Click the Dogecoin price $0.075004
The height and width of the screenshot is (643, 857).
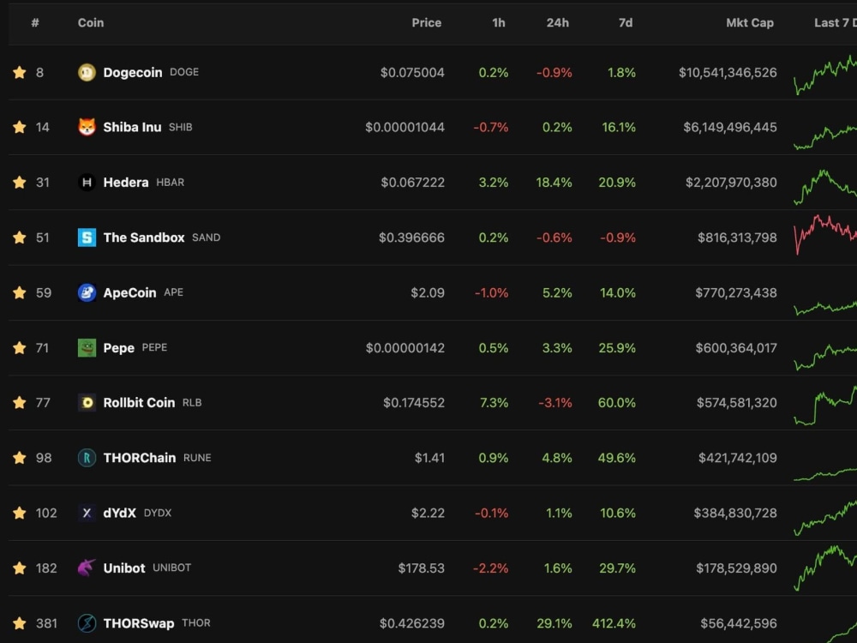[412, 73]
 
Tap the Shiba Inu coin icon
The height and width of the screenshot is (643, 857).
[87, 127]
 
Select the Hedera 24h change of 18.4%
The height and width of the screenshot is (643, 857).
[554, 183]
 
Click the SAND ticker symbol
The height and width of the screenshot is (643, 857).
[206, 237]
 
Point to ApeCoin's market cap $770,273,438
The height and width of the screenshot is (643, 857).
[736, 292]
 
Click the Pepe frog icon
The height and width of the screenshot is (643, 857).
[87, 347]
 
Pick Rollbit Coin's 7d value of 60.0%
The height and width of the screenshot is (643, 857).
[617, 403]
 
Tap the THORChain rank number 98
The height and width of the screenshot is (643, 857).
[44, 458]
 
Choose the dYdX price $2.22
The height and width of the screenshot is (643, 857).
[428, 513]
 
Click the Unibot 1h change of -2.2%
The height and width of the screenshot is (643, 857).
[491, 568]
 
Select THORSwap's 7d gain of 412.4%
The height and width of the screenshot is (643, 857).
[614, 623]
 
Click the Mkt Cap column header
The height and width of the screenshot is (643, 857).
[750, 23]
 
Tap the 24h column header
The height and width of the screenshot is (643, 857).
[558, 23]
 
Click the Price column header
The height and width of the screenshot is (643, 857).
[426, 23]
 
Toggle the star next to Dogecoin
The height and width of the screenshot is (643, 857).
[20, 73]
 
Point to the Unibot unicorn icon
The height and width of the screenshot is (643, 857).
[87, 568]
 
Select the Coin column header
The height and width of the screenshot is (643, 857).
[91, 23]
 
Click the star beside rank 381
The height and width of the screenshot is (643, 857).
[20, 623]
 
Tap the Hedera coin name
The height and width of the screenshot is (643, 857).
[126, 183]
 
